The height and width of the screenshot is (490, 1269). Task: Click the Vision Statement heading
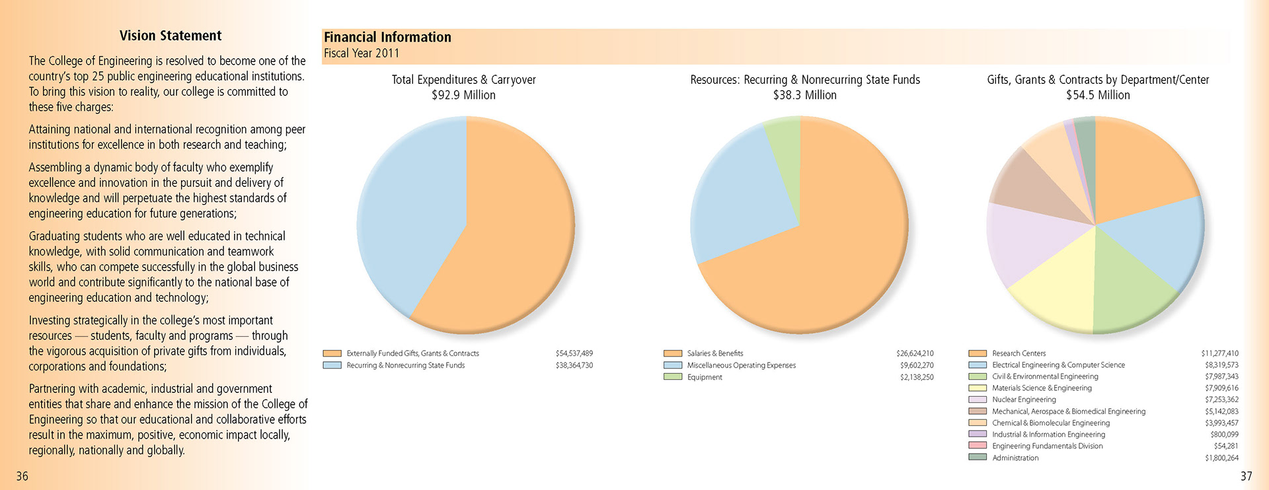click(x=171, y=36)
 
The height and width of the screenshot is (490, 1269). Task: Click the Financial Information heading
click(x=387, y=38)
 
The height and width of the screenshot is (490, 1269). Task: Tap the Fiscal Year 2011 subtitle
click(x=362, y=53)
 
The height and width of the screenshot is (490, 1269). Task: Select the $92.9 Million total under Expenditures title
click(x=463, y=95)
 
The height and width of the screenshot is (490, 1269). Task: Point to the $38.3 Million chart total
click(x=804, y=95)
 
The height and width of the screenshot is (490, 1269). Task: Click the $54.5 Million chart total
click(x=1097, y=95)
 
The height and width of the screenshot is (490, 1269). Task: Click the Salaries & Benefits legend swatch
click(x=672, y=354)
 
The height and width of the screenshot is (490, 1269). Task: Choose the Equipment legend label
click(x=705, y=378)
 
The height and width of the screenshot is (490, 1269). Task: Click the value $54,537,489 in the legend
click(x=574, y=354)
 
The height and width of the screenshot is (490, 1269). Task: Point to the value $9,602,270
click(x=916, y=366)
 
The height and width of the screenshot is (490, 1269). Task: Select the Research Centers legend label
click(x=1019, y=354)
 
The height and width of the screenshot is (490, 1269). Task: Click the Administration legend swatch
click(x=977, y=458)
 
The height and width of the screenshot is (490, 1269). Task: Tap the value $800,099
click(x=1224, y=435)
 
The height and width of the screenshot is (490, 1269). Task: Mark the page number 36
click(x=22, y=476)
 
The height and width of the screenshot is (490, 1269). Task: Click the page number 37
click(x=1246, y=476)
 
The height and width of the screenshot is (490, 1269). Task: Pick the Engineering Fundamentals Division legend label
click(x=1047, y=446)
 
